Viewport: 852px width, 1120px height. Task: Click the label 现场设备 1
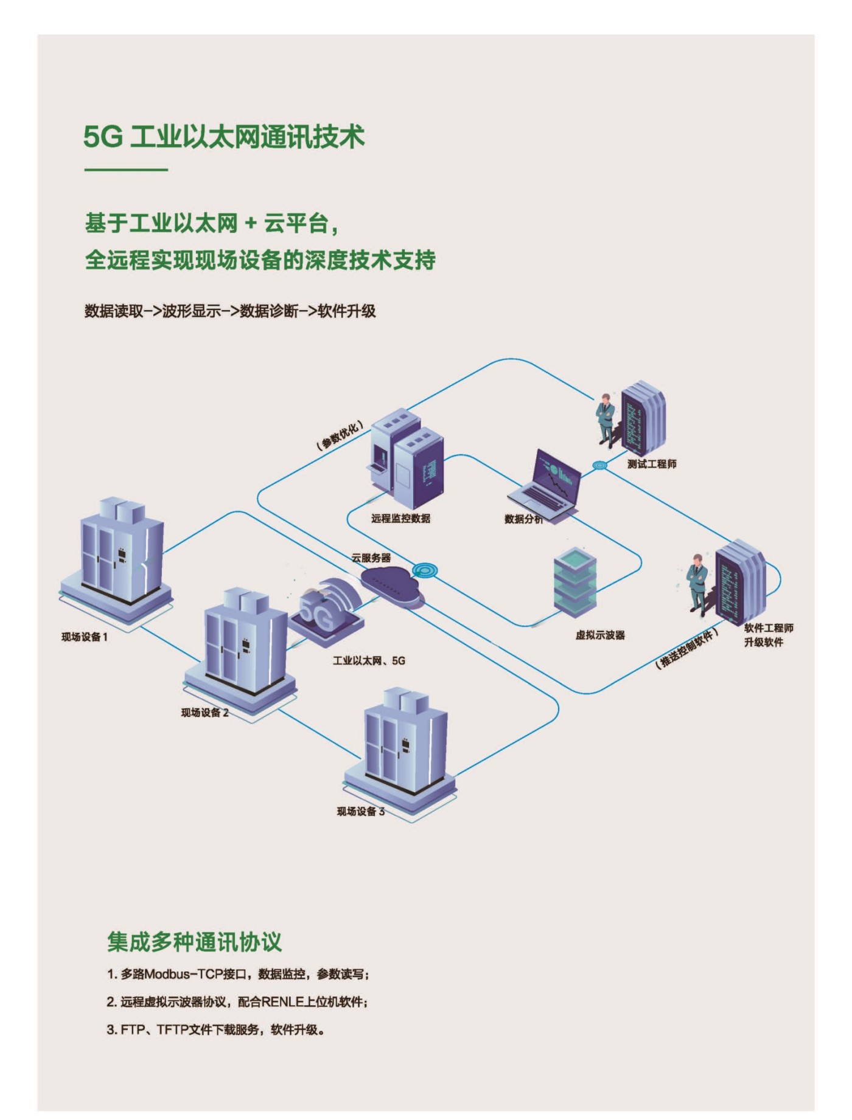click(84, 637)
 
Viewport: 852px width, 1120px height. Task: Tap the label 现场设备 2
click(204, 713)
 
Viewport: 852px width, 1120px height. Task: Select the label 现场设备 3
click(360, 811)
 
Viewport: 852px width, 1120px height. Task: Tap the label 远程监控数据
click(400, 519)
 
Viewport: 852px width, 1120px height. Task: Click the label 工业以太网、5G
click(368, 660)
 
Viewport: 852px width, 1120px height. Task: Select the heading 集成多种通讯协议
click(194, 942)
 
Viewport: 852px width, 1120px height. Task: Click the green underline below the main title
click(125, 170)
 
